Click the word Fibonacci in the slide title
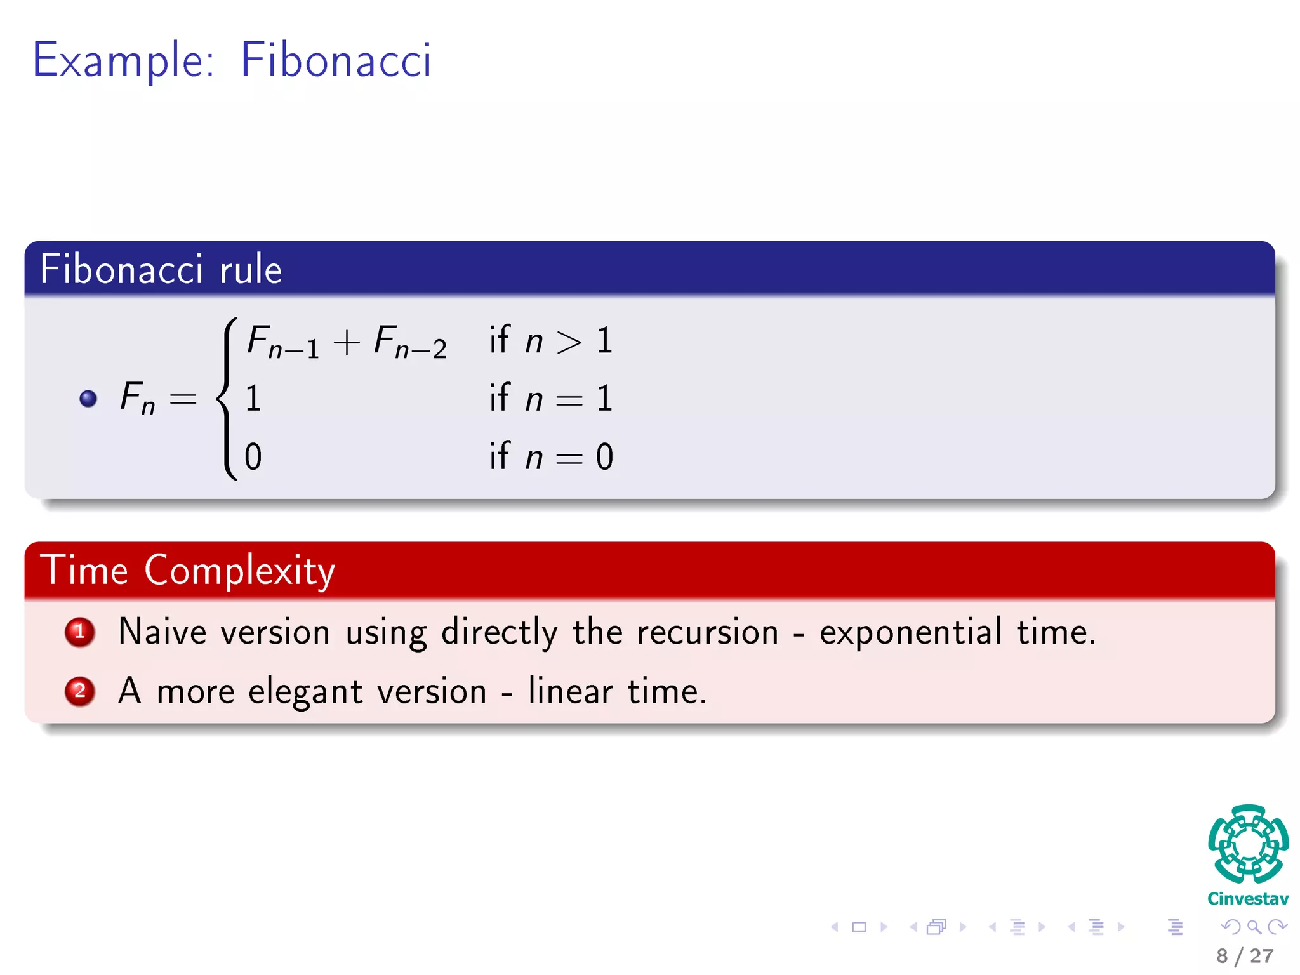point(336,60)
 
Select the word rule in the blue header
point(250,269)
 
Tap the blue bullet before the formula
point(88,399)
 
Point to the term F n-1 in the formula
point(282,342)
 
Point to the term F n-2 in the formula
point(410,342)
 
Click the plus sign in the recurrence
point(347,343)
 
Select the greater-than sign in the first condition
point(569,343)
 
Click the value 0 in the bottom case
point(253,457)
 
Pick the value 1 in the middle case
point(253,399)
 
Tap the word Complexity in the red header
point(239,571)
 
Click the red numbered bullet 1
point(80,632)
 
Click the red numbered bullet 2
point(80,691)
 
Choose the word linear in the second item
point(570,691)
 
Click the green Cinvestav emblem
point(1248,844)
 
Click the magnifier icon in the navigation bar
point(1254,927)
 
